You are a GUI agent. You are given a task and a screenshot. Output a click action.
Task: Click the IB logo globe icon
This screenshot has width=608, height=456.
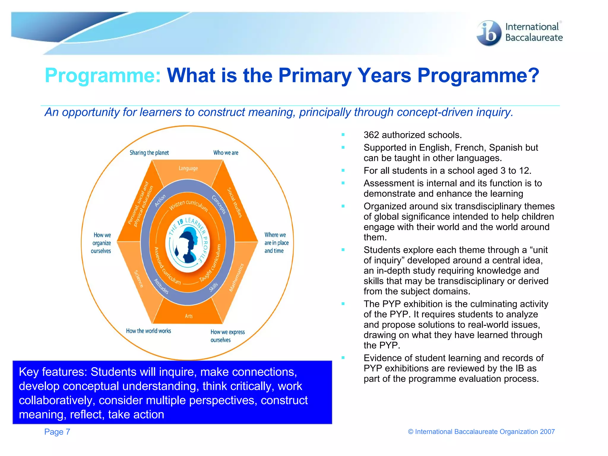[488, 33]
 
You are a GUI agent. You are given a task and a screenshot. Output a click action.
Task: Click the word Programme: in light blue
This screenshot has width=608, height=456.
[103, 75]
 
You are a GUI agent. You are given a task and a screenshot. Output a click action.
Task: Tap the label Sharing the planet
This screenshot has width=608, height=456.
[149, 153]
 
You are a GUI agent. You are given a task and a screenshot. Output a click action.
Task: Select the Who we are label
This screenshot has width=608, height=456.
[226, 153]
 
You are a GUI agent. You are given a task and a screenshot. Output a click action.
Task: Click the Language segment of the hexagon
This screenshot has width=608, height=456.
[188, 168]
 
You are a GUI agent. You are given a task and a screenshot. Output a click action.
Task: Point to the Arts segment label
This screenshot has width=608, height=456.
[189, 316]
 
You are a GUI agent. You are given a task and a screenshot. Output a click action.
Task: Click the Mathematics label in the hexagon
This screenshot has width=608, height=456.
[236, 278]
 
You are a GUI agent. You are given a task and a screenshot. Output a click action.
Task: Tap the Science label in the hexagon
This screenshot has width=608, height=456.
[139, 278]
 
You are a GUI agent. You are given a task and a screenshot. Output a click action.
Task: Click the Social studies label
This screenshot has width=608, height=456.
[235, 202]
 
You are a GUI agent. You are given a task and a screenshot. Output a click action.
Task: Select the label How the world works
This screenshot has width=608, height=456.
[148, 331]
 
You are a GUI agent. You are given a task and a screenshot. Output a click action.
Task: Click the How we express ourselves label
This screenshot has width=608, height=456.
[227, 336]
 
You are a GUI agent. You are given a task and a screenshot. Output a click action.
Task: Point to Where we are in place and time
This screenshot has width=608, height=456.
[276, 243]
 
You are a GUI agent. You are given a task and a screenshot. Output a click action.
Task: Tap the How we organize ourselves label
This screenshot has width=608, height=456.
[101, 243]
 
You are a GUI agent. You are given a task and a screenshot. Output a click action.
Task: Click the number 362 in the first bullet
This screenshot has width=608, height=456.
[371, 135]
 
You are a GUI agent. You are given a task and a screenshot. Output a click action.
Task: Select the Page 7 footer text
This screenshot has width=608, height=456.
[57, 432]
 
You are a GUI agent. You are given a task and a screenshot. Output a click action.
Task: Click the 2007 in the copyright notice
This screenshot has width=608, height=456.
[547, 432]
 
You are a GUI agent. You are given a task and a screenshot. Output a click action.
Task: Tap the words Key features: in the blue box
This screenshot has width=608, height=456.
[53, 372]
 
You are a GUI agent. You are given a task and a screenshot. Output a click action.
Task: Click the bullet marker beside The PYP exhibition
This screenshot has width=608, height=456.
[343, 304]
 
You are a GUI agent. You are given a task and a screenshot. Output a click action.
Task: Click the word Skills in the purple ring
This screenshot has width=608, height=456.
[213, 287]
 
